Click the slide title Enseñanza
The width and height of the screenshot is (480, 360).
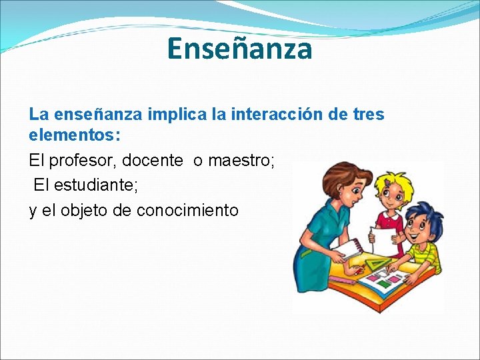(239, 49)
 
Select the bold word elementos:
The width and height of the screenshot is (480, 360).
(75, 135)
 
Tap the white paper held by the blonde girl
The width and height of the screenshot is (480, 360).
(385, 241)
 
